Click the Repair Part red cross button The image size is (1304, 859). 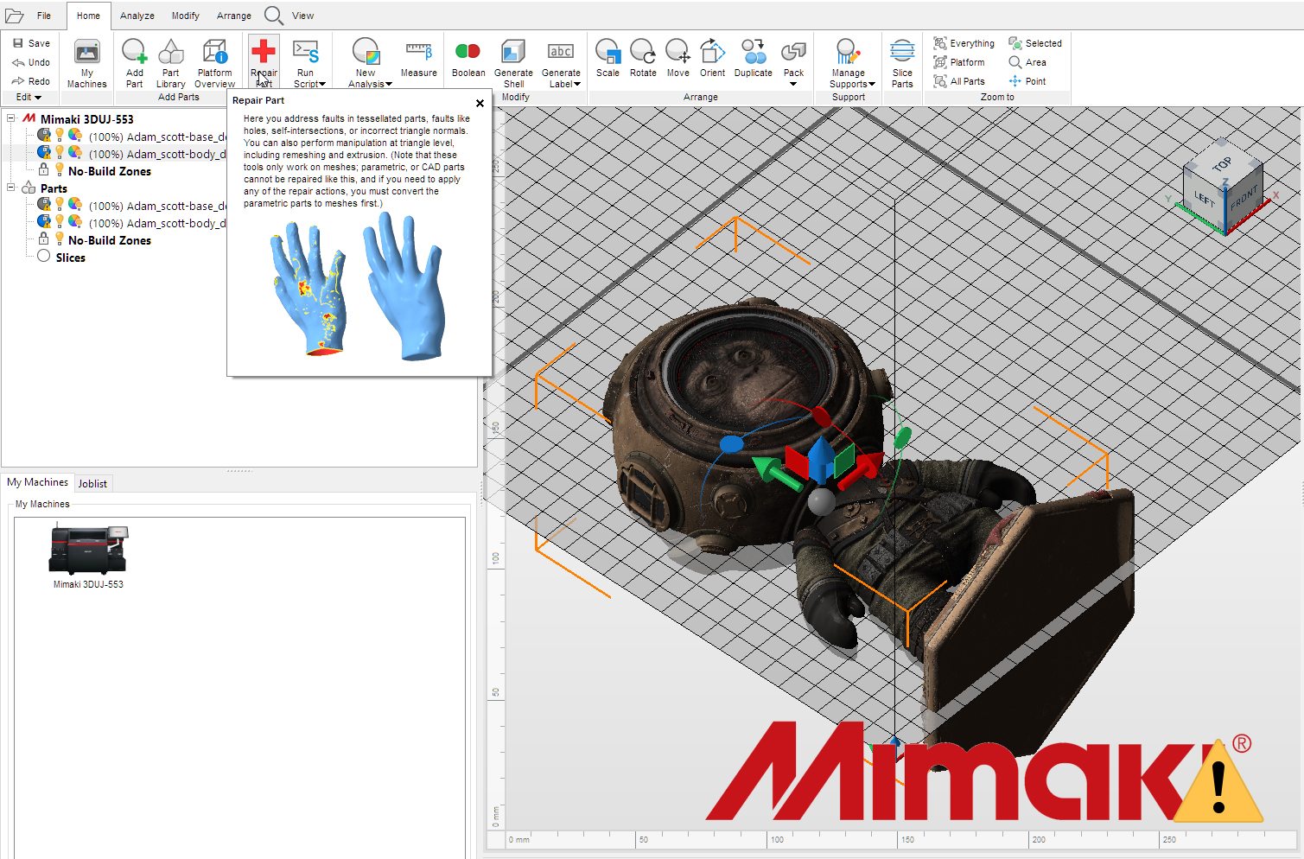click(263, 52)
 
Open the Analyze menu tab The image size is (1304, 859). click(137, 16)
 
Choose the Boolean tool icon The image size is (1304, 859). click(468, 52)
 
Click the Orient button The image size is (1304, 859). click(712, 58)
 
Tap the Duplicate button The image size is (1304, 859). click(754, 58)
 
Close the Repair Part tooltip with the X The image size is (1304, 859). click(480, 103)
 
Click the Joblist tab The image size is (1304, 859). click(92, 483)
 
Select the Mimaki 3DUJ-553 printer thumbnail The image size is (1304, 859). click(88, 549)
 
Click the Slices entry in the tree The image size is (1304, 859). click(71, 258)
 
